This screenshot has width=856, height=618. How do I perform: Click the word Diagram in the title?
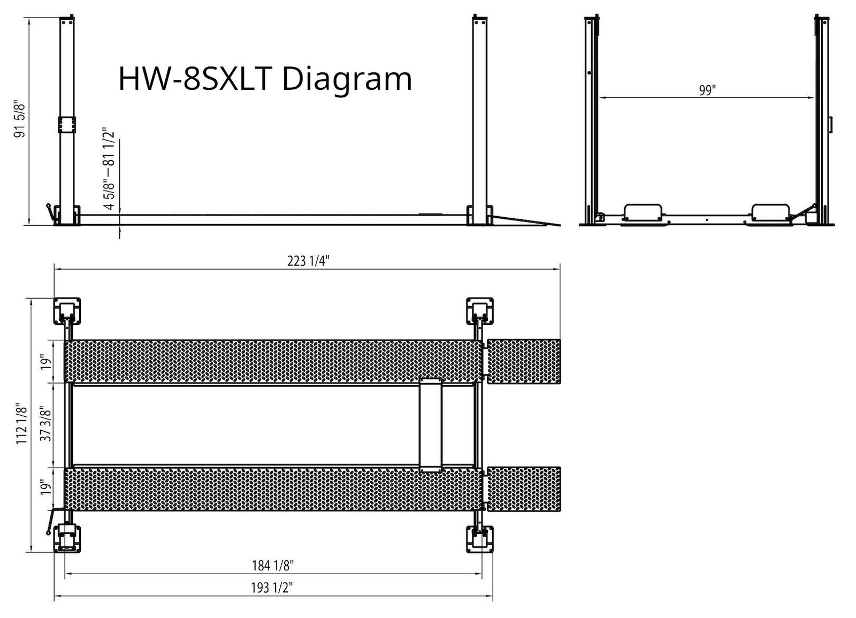pos(346,79)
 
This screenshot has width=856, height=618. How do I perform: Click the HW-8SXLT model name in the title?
pos(195,79)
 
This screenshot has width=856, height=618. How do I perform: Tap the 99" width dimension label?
pos(707,90)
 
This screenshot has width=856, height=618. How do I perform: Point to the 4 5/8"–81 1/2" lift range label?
pos(109,169)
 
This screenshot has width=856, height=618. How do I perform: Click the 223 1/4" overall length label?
pos(308,261)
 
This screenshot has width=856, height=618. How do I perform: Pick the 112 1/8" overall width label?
pos(21,423)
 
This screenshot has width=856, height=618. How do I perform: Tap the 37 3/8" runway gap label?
pos(47,424)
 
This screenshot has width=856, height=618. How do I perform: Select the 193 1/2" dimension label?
pos(272,588)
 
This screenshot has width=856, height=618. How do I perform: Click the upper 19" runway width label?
pos(47,362)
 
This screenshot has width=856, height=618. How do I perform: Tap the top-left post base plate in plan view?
pos(67,311)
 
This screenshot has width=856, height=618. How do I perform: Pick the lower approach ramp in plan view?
pos(524,490)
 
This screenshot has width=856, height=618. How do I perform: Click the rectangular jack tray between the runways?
pos(431,425)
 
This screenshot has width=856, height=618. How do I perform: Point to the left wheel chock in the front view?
pos(643,211)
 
